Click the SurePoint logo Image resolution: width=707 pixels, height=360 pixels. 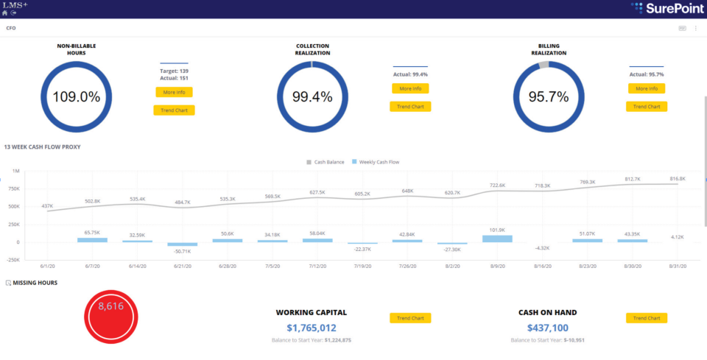[666, 8]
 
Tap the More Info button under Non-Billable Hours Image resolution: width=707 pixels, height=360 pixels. [174, 92]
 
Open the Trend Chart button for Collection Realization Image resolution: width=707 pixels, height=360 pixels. [410, 107]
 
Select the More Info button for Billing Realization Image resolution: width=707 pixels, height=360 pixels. [647, 88]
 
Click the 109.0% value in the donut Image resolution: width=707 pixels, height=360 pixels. [76, 97]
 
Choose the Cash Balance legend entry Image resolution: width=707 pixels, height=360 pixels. [326, 162]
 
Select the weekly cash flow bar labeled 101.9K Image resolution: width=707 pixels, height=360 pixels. [497, 239]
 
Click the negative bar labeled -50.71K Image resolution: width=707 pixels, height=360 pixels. [182, 244]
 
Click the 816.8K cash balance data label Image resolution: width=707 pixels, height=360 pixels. [678, 179]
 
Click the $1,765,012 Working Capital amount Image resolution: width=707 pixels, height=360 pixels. [311, 328]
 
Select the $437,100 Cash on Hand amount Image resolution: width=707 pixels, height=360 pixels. [547, 328]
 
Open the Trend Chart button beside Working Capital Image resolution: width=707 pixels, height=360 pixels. [410, 318]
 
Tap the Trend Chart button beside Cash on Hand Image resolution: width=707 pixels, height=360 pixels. [647, 318]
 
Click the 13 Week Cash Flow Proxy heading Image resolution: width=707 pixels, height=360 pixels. [42, 147]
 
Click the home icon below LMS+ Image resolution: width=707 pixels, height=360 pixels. [5, 13]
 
